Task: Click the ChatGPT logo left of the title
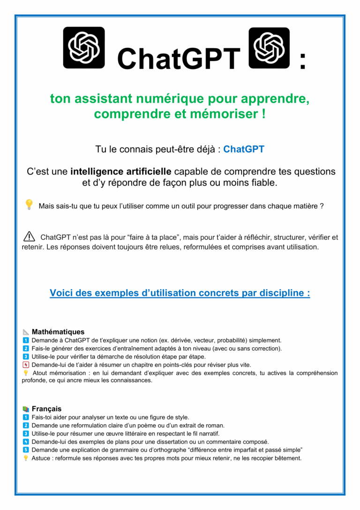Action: tap(83, 47)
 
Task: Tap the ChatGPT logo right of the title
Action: tap(269, 47)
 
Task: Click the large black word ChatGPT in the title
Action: tap(178, 59)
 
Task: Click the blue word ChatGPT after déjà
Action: tap(244, 150)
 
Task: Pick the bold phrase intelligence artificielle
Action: tap(121, 171)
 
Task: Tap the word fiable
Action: tap(262, 183)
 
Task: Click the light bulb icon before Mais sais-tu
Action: tap(29, 204)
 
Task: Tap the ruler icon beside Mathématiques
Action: tap(26, 332)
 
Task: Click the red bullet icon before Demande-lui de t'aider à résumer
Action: tap(26, 365)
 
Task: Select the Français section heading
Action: tap(46, 409)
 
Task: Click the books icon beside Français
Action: tap(26, 409)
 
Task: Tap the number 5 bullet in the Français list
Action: tap(26, 449)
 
